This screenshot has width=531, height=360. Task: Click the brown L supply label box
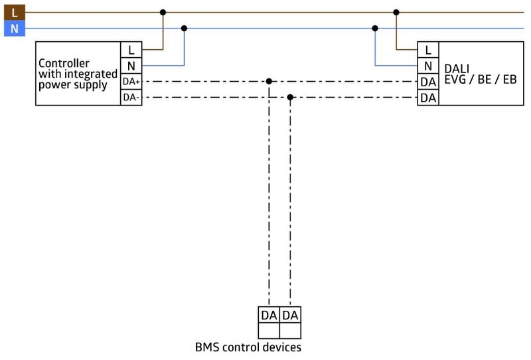coord(14,11)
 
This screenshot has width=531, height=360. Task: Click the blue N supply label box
coord(14,29)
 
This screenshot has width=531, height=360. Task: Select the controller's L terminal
coord(131,49)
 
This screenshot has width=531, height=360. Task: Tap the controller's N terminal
coord(131,66)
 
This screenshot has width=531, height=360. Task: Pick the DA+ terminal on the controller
coord(131,82)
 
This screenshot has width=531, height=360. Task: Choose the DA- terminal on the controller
coord(131,98)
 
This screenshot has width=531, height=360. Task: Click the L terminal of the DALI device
coord(428,49)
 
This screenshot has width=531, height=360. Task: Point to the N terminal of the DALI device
coord(428,66)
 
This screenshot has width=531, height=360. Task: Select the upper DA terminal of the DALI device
coord(428,82)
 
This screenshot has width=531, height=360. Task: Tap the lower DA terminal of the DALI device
coord(428,98)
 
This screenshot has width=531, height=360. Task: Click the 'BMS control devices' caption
coord(248,347)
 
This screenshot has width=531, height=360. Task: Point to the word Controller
coord(64,64)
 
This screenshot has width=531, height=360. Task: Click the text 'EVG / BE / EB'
coord(480,79)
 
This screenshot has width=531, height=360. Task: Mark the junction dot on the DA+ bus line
coord(269,82)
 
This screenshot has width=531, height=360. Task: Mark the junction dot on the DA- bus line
coord(290,98)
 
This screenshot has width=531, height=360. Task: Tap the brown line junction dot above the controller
coord(163,12)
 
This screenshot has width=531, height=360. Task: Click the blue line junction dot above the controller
coord(184,28)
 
